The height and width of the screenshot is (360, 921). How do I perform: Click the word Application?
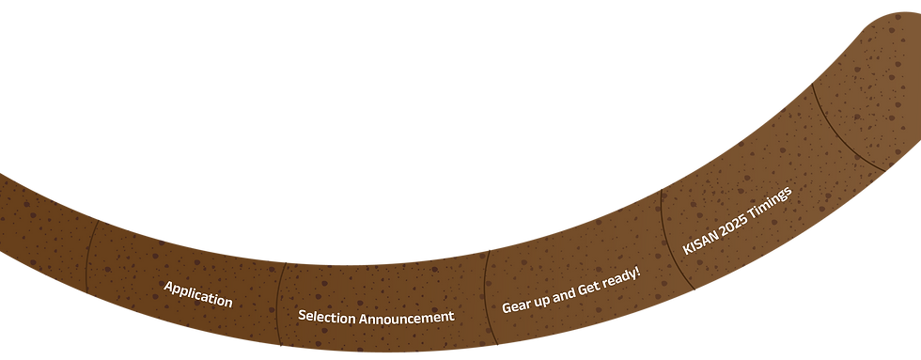pyautogui.click(x=197, y=294)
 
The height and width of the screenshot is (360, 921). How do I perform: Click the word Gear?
pyautogui.click(x=514, y=305)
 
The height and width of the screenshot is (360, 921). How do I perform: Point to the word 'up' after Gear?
pyautogui.click(x=539, y=300)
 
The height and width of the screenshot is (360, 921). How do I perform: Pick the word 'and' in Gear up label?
pyautogui.click(x=562, y=294)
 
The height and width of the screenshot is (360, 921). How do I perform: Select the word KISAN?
pyautogui.click(x=700, y=241)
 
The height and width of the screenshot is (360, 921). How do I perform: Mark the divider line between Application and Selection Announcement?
pyautogui.click(x=279, y=301)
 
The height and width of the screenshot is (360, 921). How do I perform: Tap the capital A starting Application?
pyautogui.click(x=168, y=286)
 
